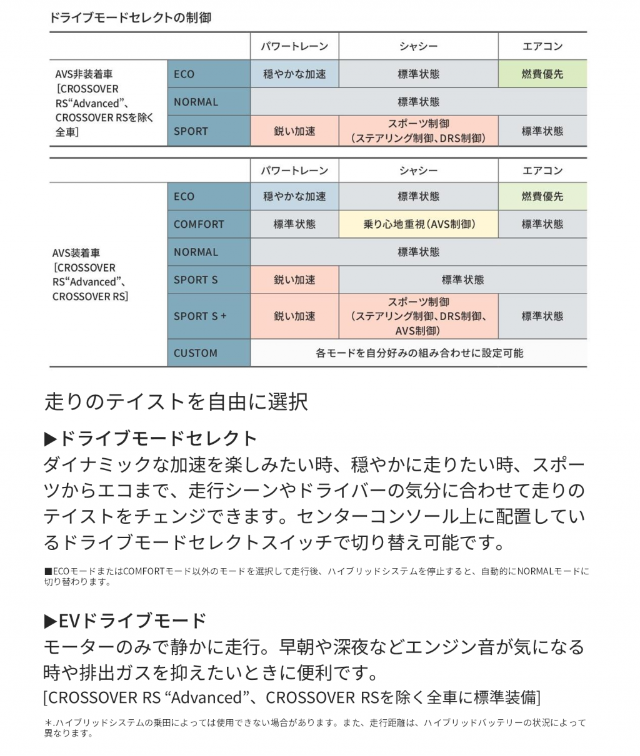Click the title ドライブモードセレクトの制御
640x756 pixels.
(130, 17)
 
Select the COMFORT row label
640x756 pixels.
(199, 224)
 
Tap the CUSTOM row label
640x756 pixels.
(196, 353)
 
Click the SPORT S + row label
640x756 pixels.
(200, 316)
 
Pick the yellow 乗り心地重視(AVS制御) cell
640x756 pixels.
(419, 224)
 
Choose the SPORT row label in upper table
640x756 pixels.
(191, 131)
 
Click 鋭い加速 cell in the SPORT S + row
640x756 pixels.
(294, 316)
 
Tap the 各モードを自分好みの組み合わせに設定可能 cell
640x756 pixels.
(419, 353)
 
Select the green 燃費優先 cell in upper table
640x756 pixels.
(542, 74)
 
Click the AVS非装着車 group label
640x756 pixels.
(104, 103)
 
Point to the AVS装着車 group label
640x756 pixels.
(91, 275)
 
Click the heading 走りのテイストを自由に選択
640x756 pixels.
(176, 401)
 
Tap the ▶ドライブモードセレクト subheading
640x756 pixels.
(151, 438)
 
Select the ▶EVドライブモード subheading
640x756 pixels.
(125, 621)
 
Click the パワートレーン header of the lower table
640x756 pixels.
(294, 170)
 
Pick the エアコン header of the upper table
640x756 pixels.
(542, 46)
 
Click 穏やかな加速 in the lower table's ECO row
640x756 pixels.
(294, 196)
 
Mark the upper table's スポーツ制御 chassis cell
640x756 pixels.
(419, 131)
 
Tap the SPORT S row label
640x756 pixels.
(196, 280)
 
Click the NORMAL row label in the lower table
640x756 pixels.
(196, 252)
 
